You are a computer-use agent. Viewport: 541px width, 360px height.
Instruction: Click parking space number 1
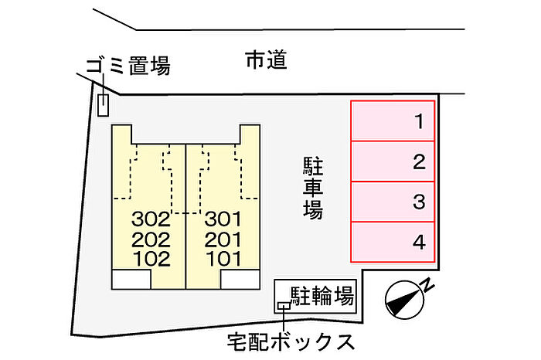393,121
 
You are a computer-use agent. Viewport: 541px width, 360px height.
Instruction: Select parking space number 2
393,161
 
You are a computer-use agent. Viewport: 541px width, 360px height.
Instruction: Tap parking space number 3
393,202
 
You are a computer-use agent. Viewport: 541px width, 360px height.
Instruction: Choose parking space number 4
393,243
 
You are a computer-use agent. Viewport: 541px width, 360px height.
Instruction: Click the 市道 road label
266,60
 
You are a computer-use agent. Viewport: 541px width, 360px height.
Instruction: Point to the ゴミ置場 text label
128,67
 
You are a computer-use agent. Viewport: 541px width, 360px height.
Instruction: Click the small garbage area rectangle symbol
103,104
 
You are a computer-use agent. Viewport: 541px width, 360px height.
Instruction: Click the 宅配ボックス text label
291,341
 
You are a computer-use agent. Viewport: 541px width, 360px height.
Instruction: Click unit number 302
151,218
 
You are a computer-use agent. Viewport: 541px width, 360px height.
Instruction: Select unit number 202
151,239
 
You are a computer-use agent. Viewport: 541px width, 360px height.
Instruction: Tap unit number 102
151,259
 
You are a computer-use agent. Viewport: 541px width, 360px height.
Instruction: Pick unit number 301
223,218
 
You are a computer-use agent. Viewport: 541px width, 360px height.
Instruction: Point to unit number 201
223,239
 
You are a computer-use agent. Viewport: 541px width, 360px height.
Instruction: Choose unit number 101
223,259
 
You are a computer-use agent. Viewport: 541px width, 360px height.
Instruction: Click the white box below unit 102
131,278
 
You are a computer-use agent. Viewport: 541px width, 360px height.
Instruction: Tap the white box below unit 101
240,278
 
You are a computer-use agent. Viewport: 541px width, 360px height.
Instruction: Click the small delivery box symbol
284,306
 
